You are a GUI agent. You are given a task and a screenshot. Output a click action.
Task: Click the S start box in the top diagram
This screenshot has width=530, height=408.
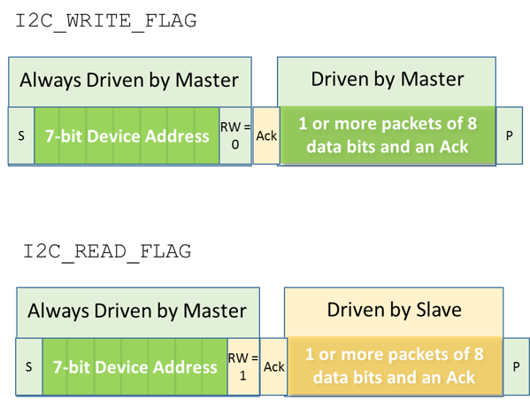coord(20,136)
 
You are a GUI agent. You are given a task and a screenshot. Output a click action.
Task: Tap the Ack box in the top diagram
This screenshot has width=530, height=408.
coord(265,136)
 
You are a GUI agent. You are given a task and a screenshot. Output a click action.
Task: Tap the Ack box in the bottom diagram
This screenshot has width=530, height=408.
coord(273,366)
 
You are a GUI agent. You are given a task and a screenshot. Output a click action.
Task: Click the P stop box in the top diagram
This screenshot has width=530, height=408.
coord(509,136)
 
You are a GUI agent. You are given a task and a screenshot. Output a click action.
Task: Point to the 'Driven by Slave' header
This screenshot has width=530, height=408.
coord(394,310)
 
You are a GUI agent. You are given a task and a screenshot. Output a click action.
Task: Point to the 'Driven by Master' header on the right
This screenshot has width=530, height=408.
coord(387,80)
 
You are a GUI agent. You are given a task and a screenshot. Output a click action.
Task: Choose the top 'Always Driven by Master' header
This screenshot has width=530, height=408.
coord(129,81)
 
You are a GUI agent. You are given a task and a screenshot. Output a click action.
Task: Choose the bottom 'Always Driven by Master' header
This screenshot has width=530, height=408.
coord(137,311)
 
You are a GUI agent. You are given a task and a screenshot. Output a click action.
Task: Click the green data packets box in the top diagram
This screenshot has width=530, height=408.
coord(387,135)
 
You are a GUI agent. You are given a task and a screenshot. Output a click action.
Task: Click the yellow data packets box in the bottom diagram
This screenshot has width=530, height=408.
coord(394,366)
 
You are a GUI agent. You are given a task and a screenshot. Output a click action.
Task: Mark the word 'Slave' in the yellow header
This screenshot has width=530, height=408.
coord(437,310)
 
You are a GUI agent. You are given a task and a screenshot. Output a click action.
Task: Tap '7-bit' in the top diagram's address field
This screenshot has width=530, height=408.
coord(66,137)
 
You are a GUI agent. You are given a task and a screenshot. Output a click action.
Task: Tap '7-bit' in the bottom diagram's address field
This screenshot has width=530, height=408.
coord(74,366)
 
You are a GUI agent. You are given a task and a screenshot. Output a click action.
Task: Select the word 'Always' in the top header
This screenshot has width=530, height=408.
coord(50,81)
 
